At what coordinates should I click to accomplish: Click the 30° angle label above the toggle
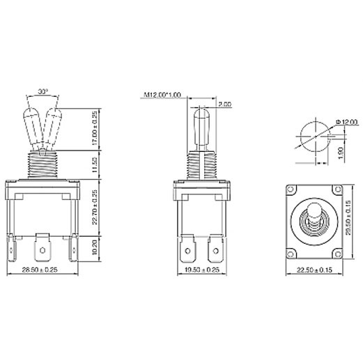43,91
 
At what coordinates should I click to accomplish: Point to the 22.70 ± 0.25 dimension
95,209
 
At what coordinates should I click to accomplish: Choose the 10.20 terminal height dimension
95,247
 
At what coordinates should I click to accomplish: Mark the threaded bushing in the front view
43,164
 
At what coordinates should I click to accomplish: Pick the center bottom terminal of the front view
43,245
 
